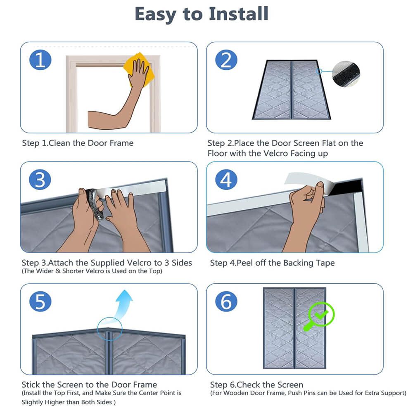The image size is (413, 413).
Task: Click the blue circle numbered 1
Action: [x=40, y=60]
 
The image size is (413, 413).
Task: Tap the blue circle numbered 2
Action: [x=226, y=60]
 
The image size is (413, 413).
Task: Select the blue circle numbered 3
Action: [x=40, y=180]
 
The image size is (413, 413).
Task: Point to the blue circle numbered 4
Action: [x=226, y=180]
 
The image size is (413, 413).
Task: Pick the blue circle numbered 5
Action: [x=40, y=301]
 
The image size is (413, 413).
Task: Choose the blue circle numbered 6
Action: [x=226, y=301]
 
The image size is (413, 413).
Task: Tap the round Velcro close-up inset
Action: [x=346, y=73]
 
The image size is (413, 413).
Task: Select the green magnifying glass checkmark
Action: [x=319, y=316]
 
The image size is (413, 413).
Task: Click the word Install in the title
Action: [x=239, y=14]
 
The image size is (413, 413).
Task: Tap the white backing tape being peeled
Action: [x=306, y=182]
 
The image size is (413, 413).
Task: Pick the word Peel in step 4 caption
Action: [x=244, y=263]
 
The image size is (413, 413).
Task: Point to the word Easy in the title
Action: [x=155, y=14]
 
